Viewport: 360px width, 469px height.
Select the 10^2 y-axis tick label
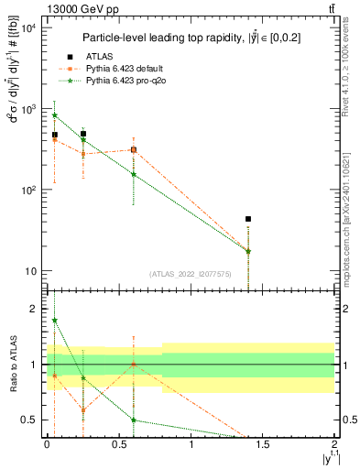pyautogui.click(x=28, y=191)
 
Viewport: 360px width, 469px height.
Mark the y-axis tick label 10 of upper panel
pyautogui.click(x=31, y=271)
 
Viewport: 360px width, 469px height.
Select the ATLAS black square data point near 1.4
pyautogui.click(x=248, y=220)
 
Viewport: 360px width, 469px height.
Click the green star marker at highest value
pyautogui.click(x=55, y=115)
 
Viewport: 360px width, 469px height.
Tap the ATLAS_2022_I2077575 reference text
pyautogui.click(x=191, y=273)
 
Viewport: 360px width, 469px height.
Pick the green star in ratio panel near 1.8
pyautogui.click(x=55, y=321)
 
